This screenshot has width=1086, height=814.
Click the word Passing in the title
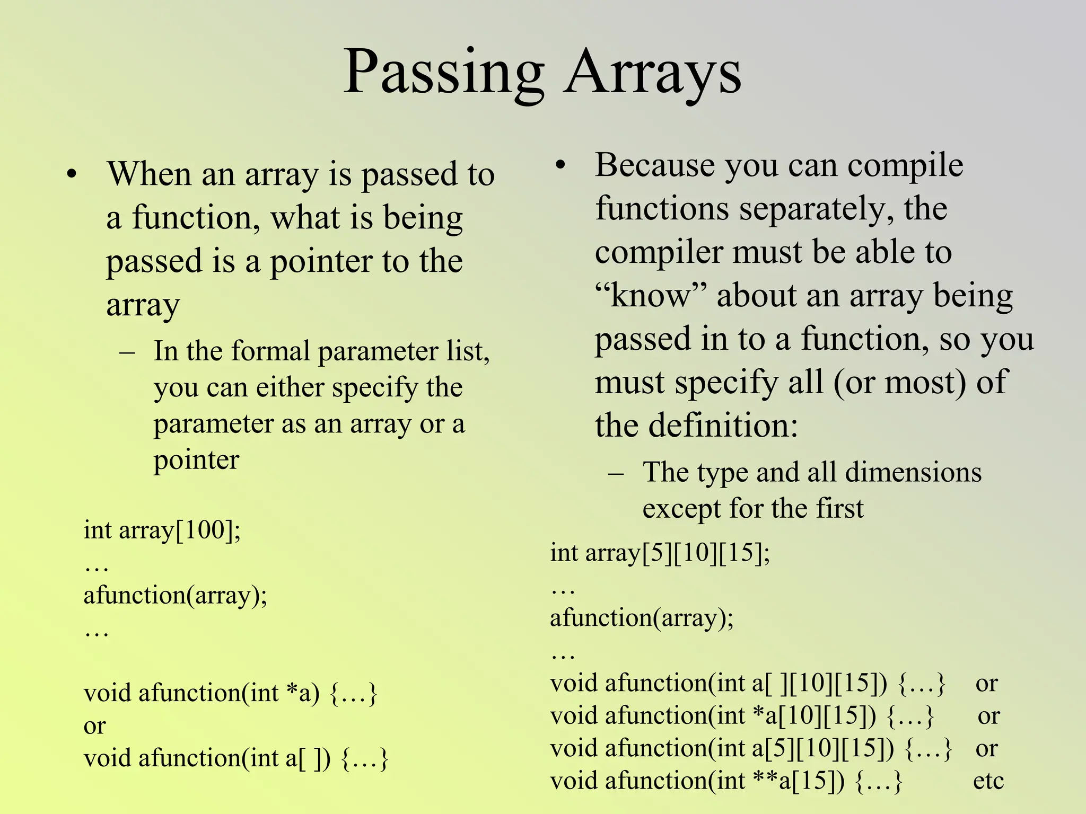coord(443,72)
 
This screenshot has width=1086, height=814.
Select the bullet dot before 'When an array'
coord(72,175)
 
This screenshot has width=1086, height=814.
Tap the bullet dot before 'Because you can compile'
coord(560,165)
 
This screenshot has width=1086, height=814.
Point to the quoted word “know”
coord(651,295)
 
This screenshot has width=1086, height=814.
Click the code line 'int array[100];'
coord(162,530)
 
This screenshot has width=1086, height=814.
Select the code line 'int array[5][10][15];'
coord(660,553)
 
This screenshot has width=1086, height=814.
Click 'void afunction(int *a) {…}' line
coord(230,693)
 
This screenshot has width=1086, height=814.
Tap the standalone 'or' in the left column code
coord(94,726)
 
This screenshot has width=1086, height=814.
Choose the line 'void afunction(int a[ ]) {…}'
coord(236,758)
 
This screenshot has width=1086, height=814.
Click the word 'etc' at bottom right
coord(988,781)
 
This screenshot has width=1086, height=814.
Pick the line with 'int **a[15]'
coord(725,781)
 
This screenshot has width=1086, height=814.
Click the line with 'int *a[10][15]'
coord(741,716)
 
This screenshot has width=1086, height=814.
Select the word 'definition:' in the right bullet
coord(723,426)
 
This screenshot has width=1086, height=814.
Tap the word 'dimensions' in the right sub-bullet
coord(913,472)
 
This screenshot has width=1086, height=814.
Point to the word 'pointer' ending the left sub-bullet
coord(196,460)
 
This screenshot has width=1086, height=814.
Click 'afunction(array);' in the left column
coord(175,596)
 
